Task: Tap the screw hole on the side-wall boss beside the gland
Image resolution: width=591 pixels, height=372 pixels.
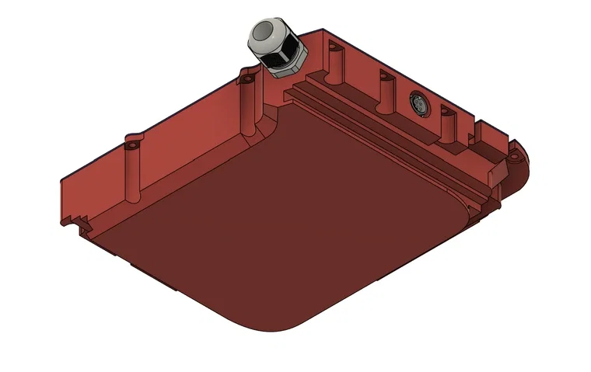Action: pos(247,78)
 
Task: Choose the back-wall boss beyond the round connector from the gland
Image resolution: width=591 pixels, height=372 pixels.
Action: pos(447,121)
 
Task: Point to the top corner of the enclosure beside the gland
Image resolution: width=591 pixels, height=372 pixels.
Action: pos(320,32)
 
